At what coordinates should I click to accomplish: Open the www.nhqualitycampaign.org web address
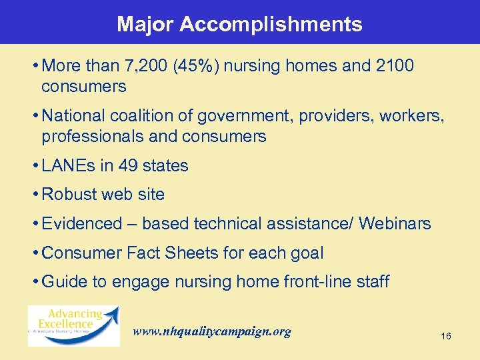pos(212,331)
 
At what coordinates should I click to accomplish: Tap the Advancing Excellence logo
pos(73,325)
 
